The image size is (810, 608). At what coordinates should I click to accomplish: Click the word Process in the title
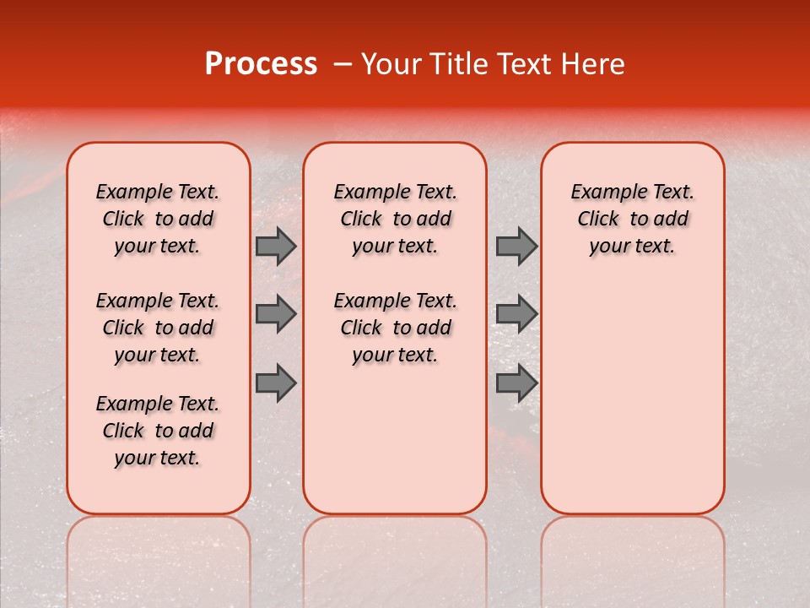click(261, 64)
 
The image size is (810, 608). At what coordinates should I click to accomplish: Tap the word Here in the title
click(593, 64)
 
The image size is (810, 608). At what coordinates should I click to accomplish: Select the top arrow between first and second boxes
click(276, 246)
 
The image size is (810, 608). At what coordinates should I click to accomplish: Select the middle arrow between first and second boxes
click(276, 314)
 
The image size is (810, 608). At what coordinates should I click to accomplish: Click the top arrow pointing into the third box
click(516, 246)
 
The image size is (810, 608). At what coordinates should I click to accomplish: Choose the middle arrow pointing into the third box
click(516, 314)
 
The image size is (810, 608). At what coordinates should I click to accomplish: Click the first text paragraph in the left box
click(158, 219)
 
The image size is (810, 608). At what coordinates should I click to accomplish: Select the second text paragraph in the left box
click(158, 328)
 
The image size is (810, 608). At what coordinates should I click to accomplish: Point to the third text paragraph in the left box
click(158, 431)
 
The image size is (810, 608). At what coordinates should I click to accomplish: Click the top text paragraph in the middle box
click(395, 219)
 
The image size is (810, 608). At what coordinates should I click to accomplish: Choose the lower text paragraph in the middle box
click(395, 328)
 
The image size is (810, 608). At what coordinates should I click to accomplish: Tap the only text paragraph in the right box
click(632, 219)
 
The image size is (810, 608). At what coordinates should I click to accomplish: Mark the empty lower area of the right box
click(632, 397)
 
